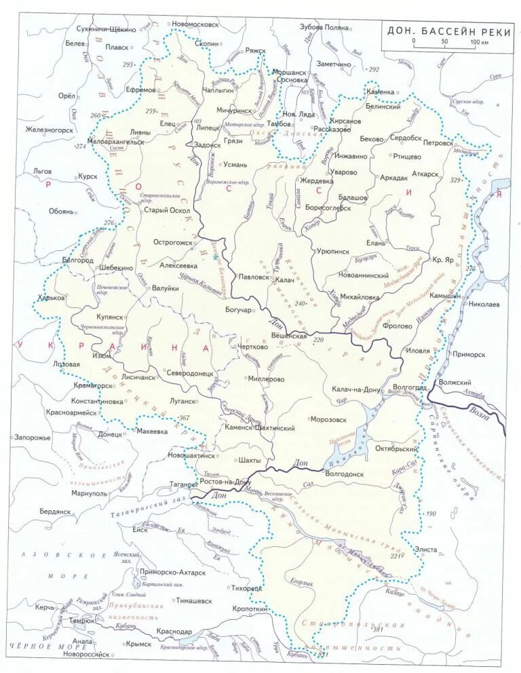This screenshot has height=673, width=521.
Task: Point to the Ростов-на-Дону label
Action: (226, 481)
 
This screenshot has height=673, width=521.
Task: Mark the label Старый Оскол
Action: (161, 210)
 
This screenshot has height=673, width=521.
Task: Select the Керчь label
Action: (45, 607)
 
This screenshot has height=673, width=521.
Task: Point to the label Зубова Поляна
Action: (324, 27)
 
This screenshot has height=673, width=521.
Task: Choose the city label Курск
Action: (88, 176)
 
